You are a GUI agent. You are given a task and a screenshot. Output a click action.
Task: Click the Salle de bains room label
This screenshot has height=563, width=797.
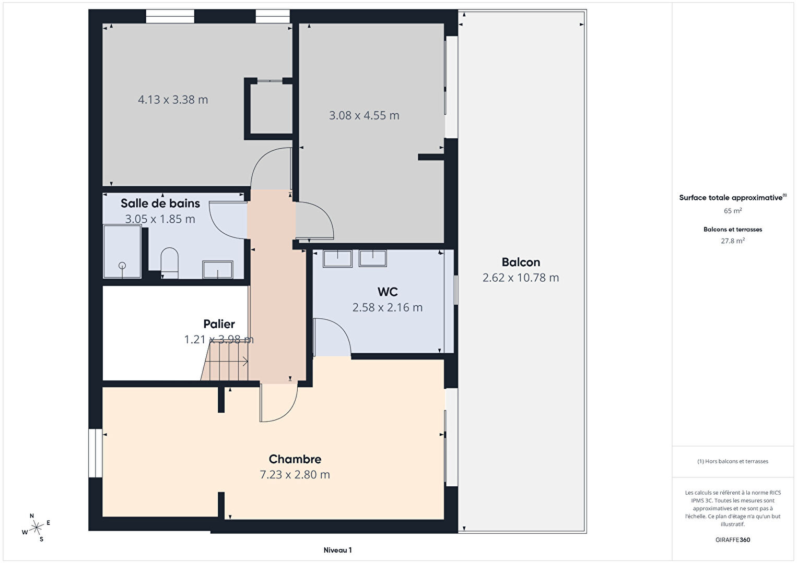(x=160, y=203)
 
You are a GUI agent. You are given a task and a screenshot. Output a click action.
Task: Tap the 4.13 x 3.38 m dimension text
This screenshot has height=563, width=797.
(x=173, y=100)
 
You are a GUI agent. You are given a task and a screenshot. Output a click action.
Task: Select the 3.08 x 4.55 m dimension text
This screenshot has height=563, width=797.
(x=364, y=115)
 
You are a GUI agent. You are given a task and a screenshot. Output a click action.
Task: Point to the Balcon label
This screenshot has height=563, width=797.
(x=521, y=262)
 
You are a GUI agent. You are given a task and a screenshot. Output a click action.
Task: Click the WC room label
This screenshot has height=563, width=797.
(x=388, y=292)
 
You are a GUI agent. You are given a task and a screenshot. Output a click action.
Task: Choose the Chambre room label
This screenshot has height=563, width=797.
(x=295, y=459)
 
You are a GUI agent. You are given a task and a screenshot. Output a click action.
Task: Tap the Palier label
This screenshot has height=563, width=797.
(x=219, y=324)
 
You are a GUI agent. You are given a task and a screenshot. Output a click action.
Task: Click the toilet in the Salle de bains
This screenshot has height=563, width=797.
(x=169, y=263)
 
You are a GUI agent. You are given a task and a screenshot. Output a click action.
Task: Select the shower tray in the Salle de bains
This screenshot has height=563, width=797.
(x=122, y=251)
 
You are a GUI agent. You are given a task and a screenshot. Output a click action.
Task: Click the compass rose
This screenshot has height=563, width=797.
(x=36, y=528)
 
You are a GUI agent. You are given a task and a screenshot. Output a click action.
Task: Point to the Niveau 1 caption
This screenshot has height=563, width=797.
(x=337, y=550)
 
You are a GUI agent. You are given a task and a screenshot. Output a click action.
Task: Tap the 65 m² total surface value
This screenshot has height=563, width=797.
(x=733, y=211)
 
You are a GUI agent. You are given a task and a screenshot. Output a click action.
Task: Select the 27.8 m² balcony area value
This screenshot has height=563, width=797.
(x=733, y=241)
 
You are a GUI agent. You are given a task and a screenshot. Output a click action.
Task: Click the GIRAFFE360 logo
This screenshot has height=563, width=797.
(x=733, y=540)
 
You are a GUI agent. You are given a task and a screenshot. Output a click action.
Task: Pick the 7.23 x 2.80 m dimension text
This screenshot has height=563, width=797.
(x=295, y=474)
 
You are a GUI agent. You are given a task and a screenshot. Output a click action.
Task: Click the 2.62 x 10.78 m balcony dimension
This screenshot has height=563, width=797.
(x=521, y=278)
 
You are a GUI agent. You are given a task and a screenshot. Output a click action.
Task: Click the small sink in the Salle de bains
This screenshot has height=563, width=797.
(x=218, y=269)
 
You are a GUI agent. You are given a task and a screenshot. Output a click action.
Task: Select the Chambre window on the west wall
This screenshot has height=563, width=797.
(x=96, y=453)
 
